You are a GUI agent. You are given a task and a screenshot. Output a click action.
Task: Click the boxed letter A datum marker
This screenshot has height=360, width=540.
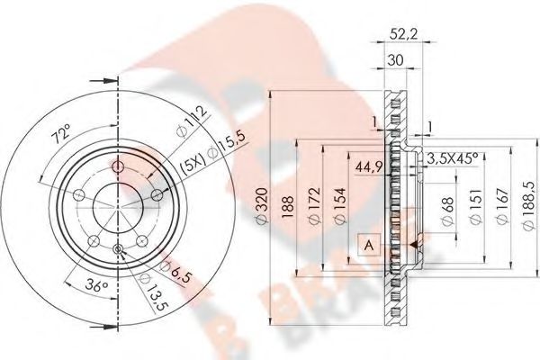click(x=368, y=243)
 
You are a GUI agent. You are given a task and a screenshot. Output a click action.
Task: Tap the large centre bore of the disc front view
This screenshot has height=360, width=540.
click(x=117, y=207)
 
